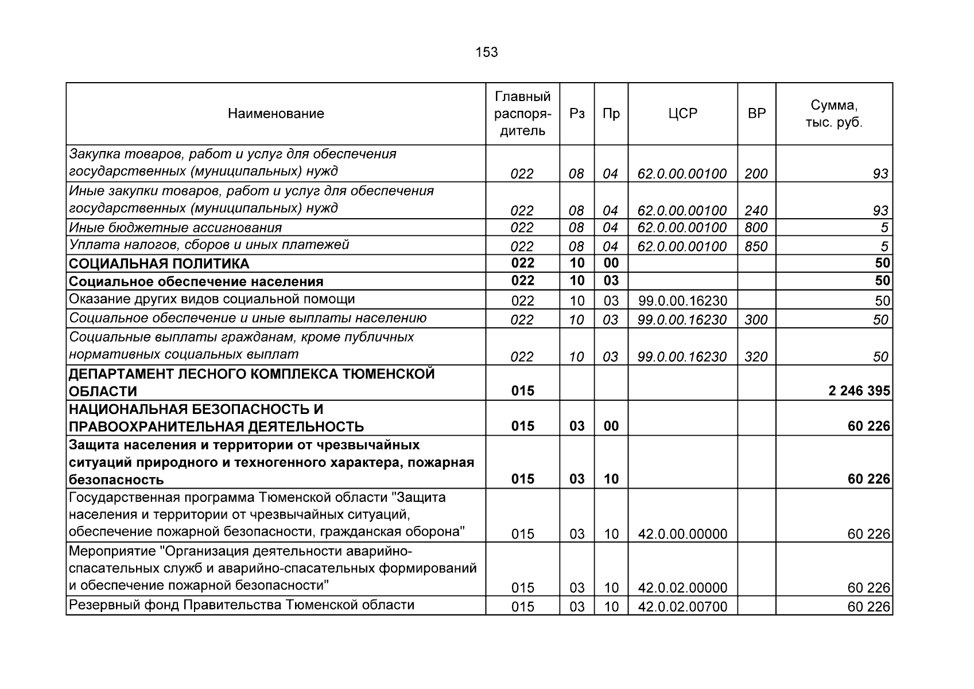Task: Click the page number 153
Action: point(486,53)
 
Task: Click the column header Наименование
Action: point(275,114)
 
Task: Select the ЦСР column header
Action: point(682,114)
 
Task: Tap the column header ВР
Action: point(756,114)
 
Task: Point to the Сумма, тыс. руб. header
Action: point(834,114)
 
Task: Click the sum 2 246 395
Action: point(859,391)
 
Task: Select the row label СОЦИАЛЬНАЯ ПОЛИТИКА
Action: point(159,264)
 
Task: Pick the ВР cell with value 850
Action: point(756,246)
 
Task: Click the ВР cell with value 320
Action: point(756,357)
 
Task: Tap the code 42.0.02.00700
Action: point(682,606)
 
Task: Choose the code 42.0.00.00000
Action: point(682,534)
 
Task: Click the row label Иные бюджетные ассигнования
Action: point(175,228)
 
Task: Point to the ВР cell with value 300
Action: point(756,319)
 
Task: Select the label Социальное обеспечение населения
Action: point(196,282)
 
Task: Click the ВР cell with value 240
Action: point(756,211)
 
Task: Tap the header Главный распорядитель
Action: point(522,114)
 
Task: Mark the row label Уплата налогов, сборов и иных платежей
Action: point(209,245)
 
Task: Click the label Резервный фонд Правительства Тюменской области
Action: point(241,605)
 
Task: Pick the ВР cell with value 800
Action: point(756,228)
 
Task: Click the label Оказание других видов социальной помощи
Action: point(212,299)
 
